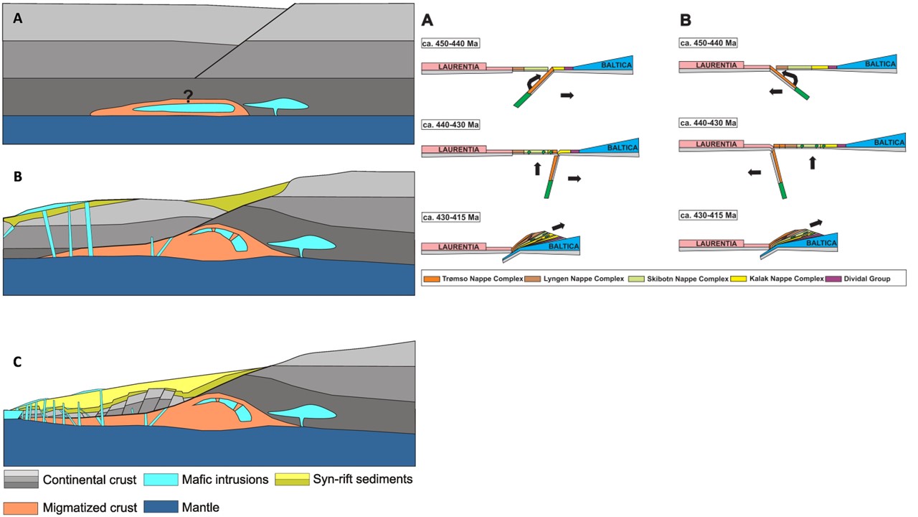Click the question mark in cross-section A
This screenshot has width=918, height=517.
[x=188, y=96]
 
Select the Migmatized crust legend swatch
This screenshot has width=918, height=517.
[x=20, y=507]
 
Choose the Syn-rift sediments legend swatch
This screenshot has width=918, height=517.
[x=294, y=479]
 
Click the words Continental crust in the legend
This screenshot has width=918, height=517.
[x=89, y=479]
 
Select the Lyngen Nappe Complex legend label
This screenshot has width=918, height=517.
[x=574, y=278]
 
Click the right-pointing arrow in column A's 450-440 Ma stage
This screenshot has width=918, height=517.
[x=567, y=95]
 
